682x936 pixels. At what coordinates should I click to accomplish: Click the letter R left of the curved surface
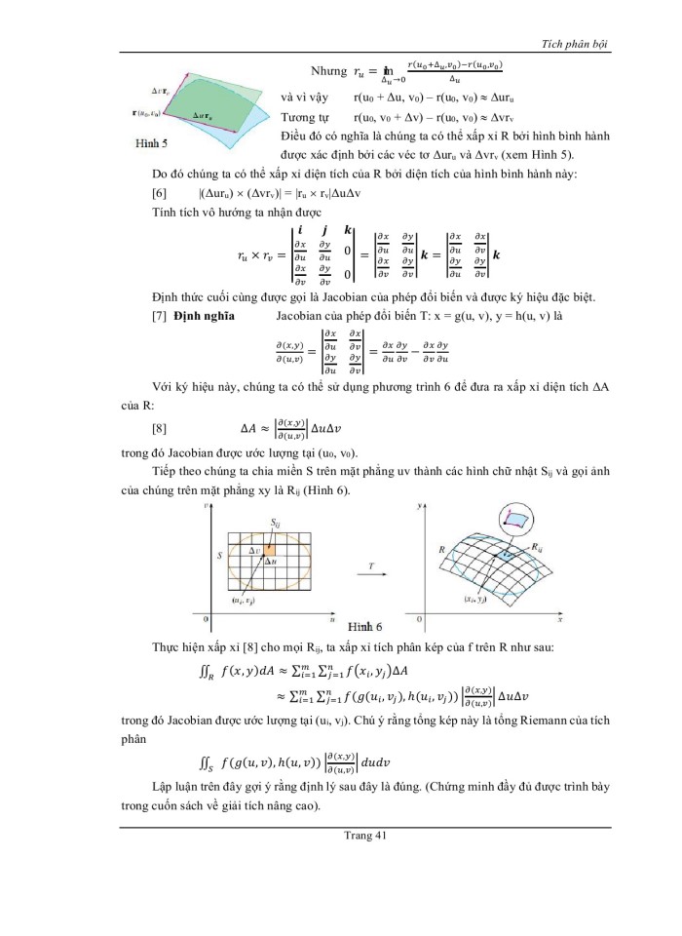[x=441, y=550]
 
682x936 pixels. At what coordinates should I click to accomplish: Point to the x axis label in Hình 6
[x=561, y=618]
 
